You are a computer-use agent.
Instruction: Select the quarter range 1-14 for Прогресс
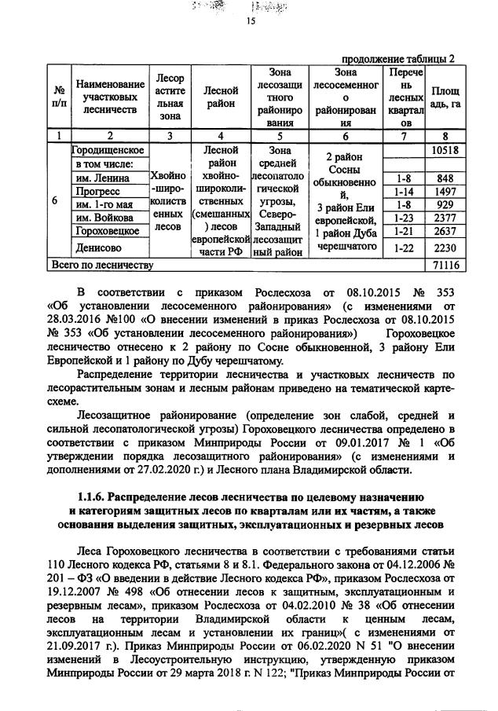coord(403,192)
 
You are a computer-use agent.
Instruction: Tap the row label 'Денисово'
coord(97,247)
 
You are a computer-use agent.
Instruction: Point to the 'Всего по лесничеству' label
coord(101,266)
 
